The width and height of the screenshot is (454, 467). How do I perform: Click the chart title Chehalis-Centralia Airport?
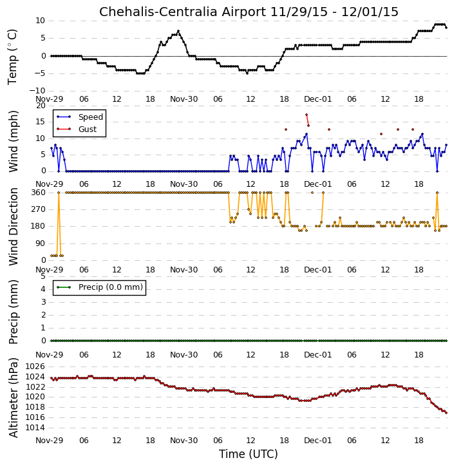point(182,12)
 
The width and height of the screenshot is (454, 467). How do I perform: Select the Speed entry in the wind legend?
point(91,117)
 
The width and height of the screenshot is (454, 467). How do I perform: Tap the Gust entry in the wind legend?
point(88,129)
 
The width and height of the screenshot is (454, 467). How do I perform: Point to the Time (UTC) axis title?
point(249,454)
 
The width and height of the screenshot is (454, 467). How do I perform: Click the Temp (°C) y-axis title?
point(12,57)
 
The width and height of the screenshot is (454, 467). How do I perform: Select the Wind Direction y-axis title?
point(13,227)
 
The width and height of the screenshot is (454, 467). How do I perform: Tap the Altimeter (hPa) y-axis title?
point(13,397)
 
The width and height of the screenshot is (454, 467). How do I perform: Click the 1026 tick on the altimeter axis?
point(35,367)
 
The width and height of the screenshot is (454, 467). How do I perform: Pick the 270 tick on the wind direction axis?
point(39,209)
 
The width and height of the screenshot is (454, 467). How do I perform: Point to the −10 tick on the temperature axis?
point(37,91)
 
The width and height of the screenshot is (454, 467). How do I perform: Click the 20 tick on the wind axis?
point(41,106)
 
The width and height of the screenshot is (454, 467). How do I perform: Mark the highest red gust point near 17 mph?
point(307,115)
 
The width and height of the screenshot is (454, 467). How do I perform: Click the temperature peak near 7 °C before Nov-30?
point(178,31)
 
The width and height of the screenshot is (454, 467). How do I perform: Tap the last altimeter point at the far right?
point(446,413)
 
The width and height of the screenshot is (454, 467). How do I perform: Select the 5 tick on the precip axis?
point(43,276)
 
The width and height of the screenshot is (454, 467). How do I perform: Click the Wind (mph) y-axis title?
point(13,142)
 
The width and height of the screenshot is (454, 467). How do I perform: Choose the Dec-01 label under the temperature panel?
point(317,99)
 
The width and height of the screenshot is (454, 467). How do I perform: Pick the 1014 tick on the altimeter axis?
point(35,428)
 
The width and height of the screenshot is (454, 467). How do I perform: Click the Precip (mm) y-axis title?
point(13,312)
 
